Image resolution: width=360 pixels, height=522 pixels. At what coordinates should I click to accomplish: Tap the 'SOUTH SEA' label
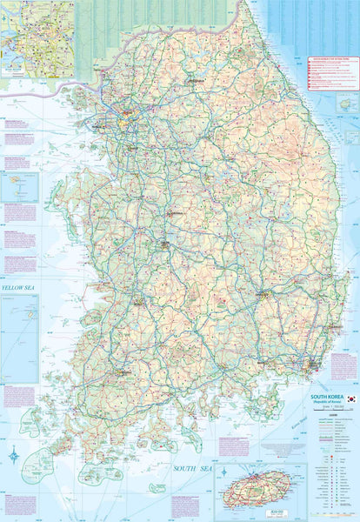coord(192,469)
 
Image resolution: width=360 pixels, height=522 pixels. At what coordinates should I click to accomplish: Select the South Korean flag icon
coord(350,398)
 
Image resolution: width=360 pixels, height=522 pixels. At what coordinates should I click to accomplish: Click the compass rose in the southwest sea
coord(15,455)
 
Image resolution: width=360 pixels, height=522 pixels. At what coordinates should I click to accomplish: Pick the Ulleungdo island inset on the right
coord(348,103)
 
